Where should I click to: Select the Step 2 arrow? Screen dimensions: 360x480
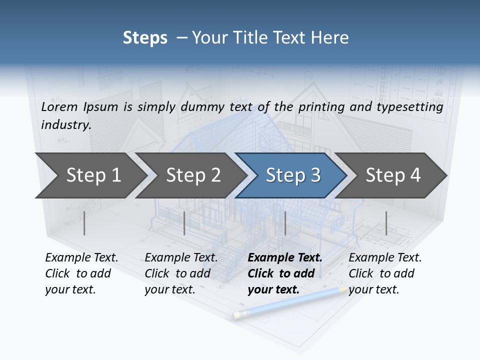[192, 175]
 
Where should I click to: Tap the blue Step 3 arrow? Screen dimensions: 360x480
[292, 175]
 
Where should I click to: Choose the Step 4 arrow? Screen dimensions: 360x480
[392, 175]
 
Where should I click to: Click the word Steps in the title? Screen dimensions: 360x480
[145, 38]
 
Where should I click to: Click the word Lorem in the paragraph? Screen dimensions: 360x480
[59, 106]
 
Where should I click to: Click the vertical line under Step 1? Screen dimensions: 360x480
[84, 223]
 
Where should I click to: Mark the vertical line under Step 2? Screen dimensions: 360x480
[184, 223]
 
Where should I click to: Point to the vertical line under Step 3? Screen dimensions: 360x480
[285, 223]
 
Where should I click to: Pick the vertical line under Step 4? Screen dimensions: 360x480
[386, 223]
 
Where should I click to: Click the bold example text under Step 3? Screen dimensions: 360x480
[284, 273]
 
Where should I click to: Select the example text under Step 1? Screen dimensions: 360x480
[81, 273]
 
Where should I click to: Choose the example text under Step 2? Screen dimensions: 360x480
[181, 273]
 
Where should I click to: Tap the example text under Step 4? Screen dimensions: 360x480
[385, 273]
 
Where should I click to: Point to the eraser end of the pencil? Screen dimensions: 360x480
[238, 314]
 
